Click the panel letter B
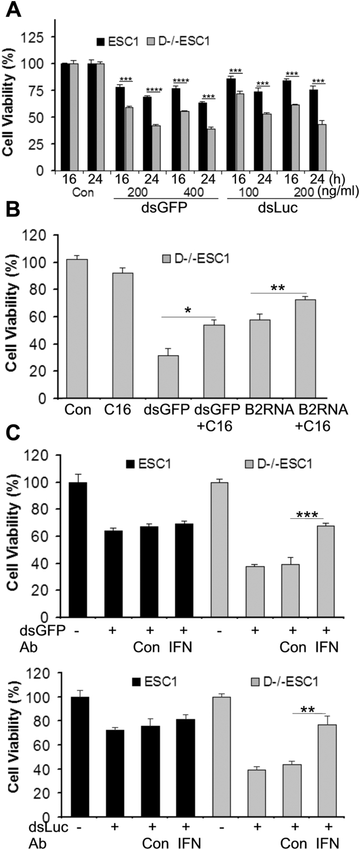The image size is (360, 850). tap(12, 224)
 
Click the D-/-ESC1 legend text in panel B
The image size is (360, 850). tap(230, 258)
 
